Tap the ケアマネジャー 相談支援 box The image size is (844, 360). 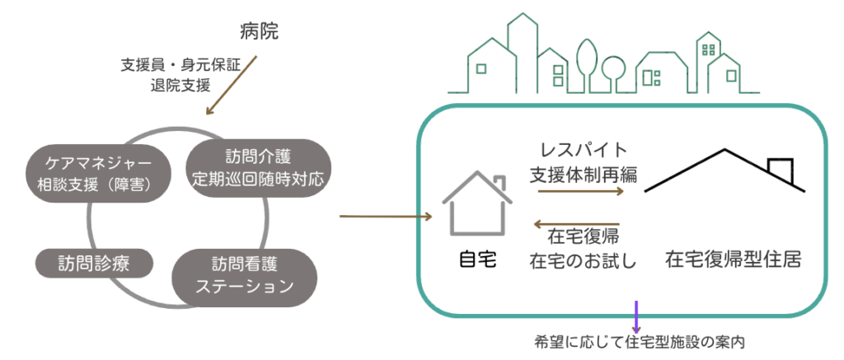click(x=100, y=173)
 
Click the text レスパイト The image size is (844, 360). click(x=584, y=151)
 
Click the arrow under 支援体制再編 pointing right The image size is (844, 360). click(x=581, y=192)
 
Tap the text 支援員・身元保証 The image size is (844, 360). click(x=180, y=66)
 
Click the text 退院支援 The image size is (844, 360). click(x=181, y=83)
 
